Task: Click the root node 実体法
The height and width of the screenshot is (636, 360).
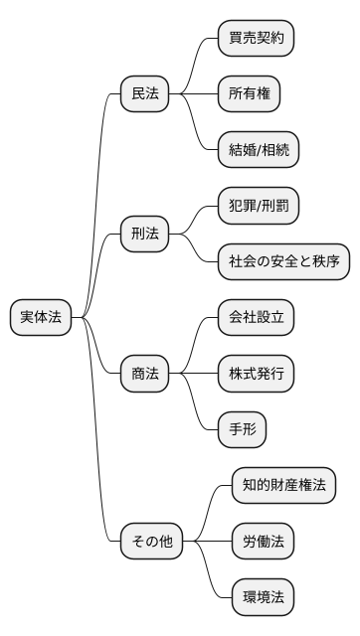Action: pos(41,318)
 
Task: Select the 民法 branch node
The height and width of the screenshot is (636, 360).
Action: pos(144,94)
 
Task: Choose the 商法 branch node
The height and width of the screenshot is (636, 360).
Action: pos(144,375)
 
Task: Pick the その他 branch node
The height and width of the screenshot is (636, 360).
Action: pos(151,542)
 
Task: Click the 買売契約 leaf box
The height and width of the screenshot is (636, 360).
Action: pos(256,38)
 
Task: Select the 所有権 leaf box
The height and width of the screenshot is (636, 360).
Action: pos(248,94)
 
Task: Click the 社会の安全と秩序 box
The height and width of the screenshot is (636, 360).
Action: pos(283,262)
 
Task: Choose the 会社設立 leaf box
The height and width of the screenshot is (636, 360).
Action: pos(256,318)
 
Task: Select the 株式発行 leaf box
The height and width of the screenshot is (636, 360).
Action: pos(256,375)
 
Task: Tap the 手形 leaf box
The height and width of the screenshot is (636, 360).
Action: pos(242,430)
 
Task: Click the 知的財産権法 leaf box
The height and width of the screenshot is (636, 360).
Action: pos(283,486)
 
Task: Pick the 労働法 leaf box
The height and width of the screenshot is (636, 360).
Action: pos(264,542)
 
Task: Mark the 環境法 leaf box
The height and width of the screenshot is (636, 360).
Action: pos(264,598)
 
